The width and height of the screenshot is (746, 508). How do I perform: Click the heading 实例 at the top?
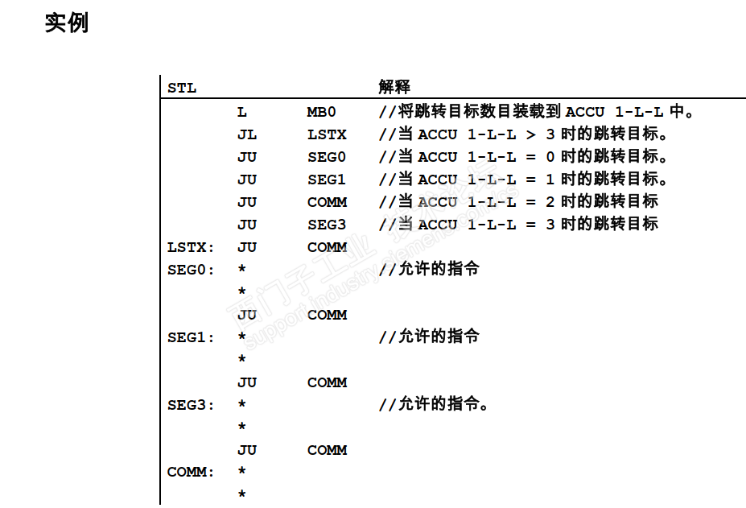pos(66,23)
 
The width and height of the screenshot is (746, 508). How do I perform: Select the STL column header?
pos(182,87)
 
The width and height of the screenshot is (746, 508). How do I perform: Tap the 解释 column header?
pos(394,87)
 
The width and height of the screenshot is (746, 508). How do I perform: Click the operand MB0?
pos(321,112)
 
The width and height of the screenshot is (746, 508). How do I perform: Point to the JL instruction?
pos(247,134)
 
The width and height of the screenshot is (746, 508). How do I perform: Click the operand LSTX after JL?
pos(327,134)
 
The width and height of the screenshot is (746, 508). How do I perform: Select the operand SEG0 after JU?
pos(327,157)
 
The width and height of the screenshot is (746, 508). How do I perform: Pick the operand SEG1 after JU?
pos(327,180)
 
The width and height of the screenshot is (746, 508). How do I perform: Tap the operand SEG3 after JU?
pos(327,225)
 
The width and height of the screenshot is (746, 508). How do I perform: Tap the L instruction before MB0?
pos(242,112)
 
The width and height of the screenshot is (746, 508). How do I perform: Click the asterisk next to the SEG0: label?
pos(242,271)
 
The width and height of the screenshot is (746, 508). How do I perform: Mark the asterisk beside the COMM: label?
pos(242,473)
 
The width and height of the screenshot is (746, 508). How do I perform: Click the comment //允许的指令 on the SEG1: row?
pos(429,337)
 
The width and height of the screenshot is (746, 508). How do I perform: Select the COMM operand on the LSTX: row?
pos(327,247)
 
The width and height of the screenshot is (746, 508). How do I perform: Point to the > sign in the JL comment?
pos(531,134)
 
